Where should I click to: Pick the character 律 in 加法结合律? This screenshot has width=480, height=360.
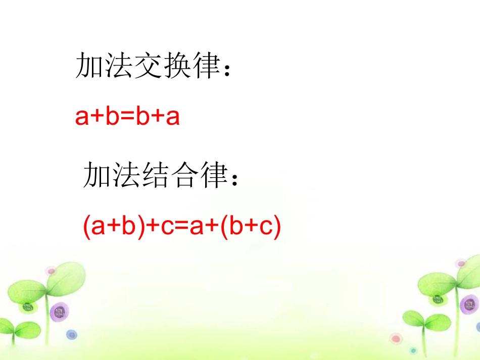(212, 175)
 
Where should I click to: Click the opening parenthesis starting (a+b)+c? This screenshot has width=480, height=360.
(86, 228)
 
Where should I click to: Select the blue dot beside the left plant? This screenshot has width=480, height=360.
(72, 334)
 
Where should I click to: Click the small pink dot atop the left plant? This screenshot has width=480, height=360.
(50, 271)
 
